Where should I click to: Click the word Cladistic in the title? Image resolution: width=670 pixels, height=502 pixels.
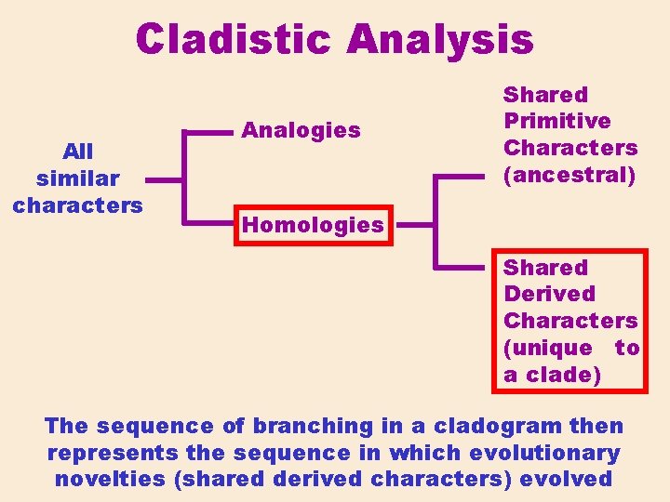(x=234, y=40)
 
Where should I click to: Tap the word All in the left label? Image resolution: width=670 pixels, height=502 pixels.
(x=77, y=151)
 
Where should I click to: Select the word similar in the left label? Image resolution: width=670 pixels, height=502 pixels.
(x=77, y=178)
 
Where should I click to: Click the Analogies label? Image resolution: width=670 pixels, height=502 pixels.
(x=301, y=130)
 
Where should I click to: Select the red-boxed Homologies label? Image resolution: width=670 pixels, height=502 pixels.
(x=313, y=224)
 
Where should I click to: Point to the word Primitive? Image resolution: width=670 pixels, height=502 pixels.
(x=556, y=121)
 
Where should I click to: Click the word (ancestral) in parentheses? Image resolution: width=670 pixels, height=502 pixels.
(x=569, y=175)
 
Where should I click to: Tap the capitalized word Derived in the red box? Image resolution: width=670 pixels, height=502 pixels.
(x=549, y=294)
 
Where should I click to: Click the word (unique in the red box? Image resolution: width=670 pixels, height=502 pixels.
(x=548, y=348)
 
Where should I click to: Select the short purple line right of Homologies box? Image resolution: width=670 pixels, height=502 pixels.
(x=414, y=224)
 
